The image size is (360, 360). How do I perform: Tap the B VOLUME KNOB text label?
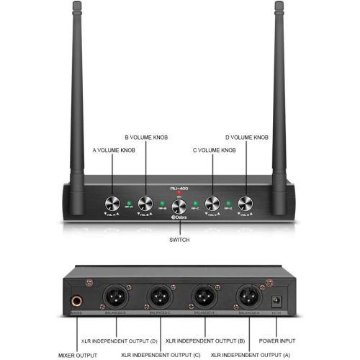(146, 137)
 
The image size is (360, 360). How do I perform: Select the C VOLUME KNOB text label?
(214, 150)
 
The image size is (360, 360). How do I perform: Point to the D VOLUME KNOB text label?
(248, 137)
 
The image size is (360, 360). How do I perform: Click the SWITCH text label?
(180, 240)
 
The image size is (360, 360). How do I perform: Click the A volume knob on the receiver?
(112, 203)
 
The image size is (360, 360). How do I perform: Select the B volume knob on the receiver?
(146, 203)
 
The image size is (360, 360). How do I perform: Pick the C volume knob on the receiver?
(213, 203)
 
